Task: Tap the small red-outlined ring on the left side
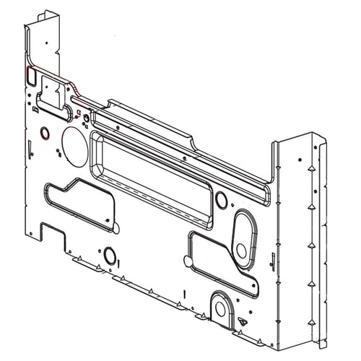45,134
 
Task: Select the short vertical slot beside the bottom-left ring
121,258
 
